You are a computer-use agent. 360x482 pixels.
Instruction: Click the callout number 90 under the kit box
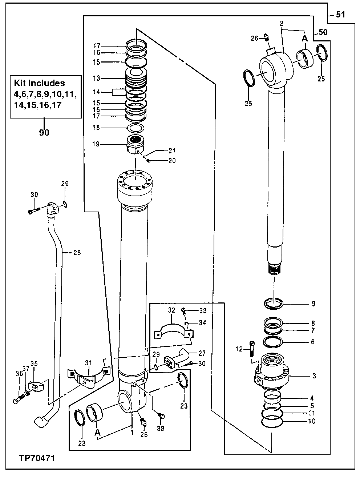click(x=44, y=133)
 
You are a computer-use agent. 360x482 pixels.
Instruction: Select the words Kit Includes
click(x=39, y=83)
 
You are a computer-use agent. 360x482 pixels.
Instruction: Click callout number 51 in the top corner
click(x=341, y=15)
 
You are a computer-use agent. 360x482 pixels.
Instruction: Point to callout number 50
click(x=323, y=32)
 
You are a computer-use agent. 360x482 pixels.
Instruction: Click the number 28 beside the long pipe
click(x=77, y=252)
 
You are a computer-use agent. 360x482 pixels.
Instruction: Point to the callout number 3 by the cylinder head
click(x=314, y=376)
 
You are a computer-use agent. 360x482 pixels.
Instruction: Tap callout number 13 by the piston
click(x=96, y=78)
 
